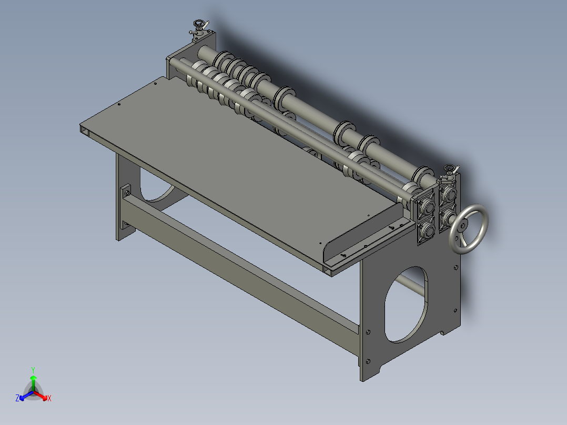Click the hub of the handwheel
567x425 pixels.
point(463,226)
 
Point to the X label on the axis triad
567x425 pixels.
point(49,399)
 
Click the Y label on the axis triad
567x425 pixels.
point(33,370)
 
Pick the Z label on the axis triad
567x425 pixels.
point(17,399)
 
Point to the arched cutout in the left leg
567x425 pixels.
point(156,189)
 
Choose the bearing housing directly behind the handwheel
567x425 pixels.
point(448,216)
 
